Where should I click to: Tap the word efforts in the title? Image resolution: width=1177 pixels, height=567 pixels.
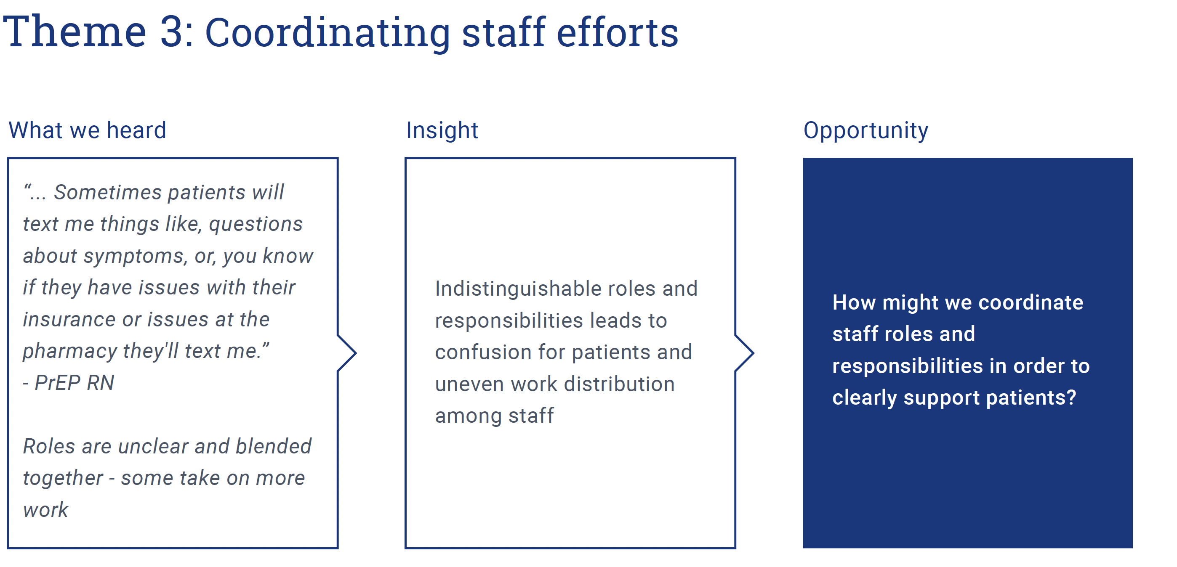(617, 32)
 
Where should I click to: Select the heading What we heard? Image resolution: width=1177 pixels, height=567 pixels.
(87, 130)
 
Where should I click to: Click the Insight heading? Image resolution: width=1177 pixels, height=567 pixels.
(442, 131)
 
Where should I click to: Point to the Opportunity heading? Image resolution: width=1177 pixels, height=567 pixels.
(866, 131)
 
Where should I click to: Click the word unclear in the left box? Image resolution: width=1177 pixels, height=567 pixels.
(153, 446)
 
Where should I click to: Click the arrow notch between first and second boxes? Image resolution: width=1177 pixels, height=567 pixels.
(347, 353)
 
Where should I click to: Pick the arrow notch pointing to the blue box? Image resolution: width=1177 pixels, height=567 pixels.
(744, 353)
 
